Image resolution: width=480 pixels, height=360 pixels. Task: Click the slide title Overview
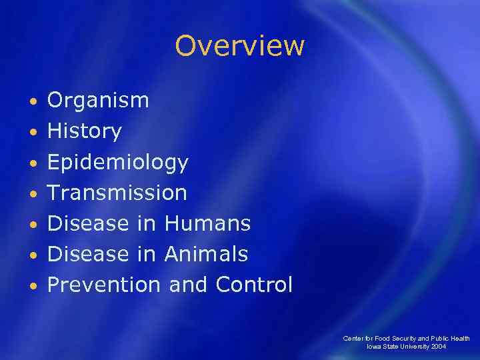[x=239, y=46]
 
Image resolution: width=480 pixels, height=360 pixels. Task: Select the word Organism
[x=98, y=101]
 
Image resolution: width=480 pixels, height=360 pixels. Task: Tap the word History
[x=84, y=132]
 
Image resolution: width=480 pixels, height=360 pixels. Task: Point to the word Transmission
[x=117, y=193]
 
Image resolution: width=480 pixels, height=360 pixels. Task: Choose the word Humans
[x=207, y=224]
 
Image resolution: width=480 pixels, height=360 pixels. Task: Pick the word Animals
[x=205, y=254]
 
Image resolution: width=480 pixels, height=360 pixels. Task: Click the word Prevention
[x=104, y=285]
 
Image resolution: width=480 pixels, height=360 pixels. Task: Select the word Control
[x=254, y=285]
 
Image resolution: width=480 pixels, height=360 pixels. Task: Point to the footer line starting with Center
[x=406, y=339]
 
